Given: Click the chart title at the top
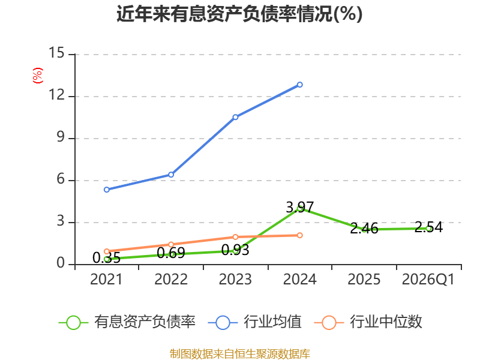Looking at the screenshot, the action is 239,14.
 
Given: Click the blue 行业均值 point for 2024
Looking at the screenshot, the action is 299,85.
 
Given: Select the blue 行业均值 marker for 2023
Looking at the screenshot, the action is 235,117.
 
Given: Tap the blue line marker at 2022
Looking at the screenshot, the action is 171,175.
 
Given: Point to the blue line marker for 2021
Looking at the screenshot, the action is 107,190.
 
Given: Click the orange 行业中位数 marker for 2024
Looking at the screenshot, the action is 299,235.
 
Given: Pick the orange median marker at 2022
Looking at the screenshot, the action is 171,244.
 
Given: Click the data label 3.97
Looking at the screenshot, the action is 300,207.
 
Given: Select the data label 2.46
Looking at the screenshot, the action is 364,229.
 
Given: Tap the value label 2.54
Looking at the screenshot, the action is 428,227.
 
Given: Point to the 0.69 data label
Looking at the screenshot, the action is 171,253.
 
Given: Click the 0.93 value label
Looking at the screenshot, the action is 235,250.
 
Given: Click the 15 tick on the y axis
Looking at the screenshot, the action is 56,53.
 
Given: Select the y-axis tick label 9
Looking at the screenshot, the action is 61,137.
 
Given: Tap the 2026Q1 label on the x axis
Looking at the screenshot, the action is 428,279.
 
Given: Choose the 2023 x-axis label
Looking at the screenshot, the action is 235,279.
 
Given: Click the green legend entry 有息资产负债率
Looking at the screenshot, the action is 127,322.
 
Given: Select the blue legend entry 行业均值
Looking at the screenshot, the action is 254,322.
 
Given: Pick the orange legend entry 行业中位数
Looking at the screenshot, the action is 368,322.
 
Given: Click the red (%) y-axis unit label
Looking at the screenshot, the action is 38,76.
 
